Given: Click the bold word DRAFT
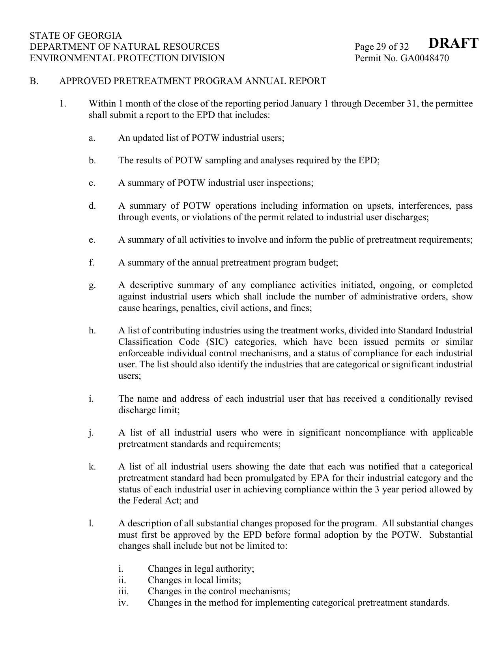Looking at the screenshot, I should click(x=453, y=43).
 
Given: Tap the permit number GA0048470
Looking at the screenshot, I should click(x=424, y=58).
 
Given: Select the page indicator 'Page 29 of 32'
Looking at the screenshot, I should click(x=381, y=47).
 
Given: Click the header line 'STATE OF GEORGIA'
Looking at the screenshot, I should click(x=76, y=36).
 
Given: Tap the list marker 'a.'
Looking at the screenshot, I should click(x=92, y=138).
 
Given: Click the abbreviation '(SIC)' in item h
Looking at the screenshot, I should click(x=217, y=342).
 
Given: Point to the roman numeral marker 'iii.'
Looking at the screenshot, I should click(x=123, y=591).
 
